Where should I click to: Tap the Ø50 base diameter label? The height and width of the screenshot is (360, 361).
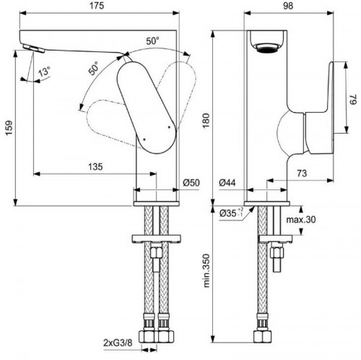pyautogui.click(x=190, y=184)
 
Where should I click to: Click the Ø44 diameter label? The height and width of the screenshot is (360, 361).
pyautogui.click(x=229, y=184)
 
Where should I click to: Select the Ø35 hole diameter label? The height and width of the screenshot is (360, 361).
pyautogui.click(x=231, y=213)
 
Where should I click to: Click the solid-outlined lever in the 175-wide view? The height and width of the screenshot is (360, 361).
pyautogui.click(x=144, y=103)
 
